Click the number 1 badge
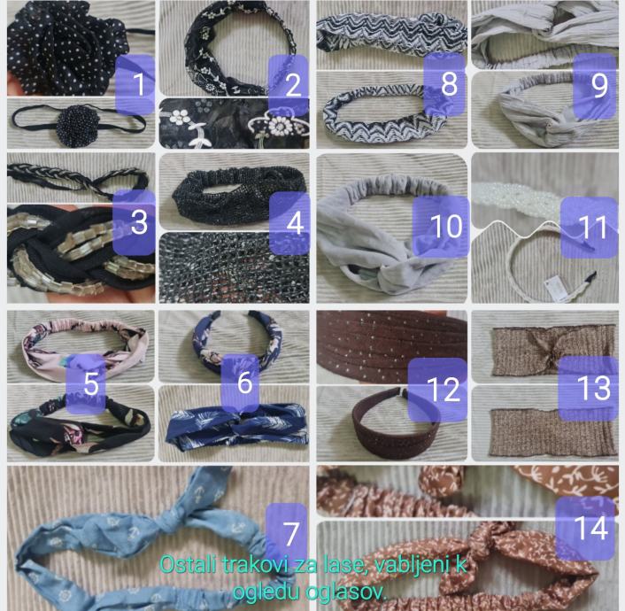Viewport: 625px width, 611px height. tap(135, 84)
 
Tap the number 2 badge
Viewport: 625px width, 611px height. tap(289, 84)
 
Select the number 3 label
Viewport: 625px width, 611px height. tap(135, 222)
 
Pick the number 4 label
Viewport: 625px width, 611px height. tap(289, 223)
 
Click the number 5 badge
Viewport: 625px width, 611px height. tap(86, 383)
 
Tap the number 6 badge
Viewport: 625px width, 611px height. tap(240, 382)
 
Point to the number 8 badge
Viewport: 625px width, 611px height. tap(444, 83)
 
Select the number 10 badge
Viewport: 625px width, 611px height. tap(441, 226)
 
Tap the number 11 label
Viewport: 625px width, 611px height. tap(590, 228)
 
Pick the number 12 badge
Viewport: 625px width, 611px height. tap(437, 390)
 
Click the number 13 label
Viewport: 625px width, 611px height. tap(589, 388)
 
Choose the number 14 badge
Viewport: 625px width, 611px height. tap(585, 529)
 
